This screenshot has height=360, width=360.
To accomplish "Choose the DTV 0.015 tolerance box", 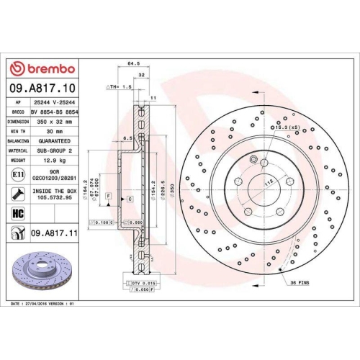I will pos(144,284).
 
